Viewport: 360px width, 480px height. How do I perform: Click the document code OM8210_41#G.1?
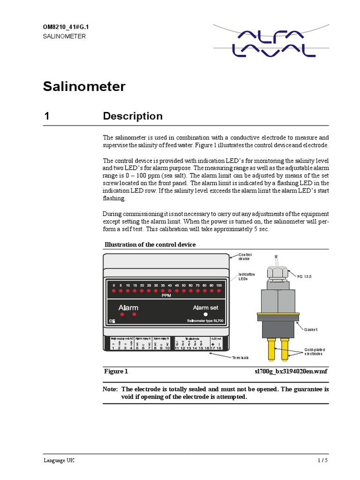pyautogui.click(x=66, y=27)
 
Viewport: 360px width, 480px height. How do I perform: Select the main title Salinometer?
pyautogui.click(x=84, y=87)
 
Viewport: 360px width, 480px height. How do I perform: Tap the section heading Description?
pyautogui.click(x=133, y=116)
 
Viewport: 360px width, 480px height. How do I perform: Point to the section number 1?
pyautogui.click(x=47, y=116)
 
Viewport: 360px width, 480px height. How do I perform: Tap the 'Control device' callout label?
pyautogui.click(x=245, y=256)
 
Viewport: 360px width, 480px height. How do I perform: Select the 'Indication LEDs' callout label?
pyautogui.click(x=247, y=277)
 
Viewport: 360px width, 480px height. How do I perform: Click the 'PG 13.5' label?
pyautogui.click(x=303, y=277)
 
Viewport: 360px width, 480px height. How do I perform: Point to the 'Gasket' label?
pyautogui.click(x=311, y=329)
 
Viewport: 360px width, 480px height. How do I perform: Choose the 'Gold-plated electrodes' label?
pyautogui.click(x=315, y=352)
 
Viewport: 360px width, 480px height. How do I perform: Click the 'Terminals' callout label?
pyautogui.click(x=240, y=358)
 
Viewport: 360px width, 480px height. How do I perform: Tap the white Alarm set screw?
pyautogui.click(x=205, y=314)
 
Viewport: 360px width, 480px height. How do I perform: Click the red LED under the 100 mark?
pyautogui.click(x=219, y=291)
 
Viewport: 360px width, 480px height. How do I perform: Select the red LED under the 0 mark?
pyautogui.click(x=113, y=291)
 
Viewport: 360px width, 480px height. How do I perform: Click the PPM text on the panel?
pyautogui.click(x=166, y=296)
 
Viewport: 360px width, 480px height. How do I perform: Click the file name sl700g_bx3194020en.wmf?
pyautogui.click(x=291, y=371)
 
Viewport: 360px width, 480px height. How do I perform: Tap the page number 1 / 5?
pyautogui.click(x=323, y=460)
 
